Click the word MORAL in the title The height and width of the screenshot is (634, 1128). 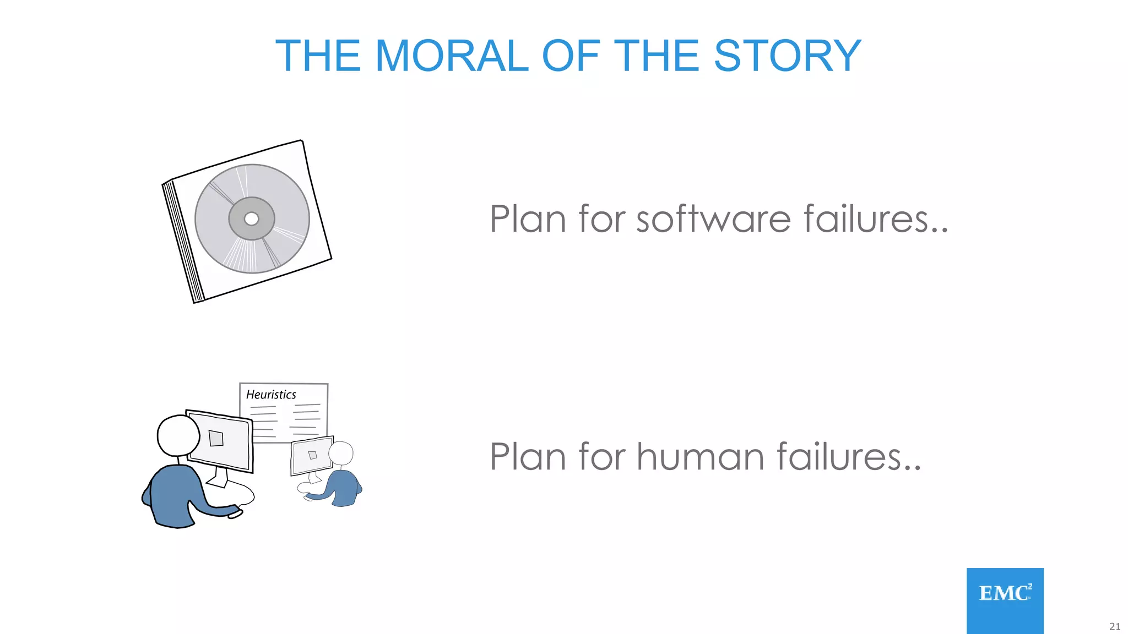point(451,56)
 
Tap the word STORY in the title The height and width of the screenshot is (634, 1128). point(787,56)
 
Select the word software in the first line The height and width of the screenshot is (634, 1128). point(713,219)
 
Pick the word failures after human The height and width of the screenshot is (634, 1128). point(848,457)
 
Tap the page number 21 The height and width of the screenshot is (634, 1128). point(1114,626)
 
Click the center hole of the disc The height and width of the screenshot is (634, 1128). point(251,218)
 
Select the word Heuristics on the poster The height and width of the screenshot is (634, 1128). point(271,395)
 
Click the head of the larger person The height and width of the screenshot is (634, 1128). point(178,435)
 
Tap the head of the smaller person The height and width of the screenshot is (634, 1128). point(341,453)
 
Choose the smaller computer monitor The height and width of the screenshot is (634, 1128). point(311,455)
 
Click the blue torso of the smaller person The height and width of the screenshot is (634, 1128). point(343,487)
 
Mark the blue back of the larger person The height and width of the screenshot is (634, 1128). point(171,495)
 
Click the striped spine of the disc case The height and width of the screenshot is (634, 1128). point(183,242)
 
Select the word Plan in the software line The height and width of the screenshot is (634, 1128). point(528,219)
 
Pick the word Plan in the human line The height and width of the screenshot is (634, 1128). point(528,457)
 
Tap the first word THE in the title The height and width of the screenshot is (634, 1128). point(318,56)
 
